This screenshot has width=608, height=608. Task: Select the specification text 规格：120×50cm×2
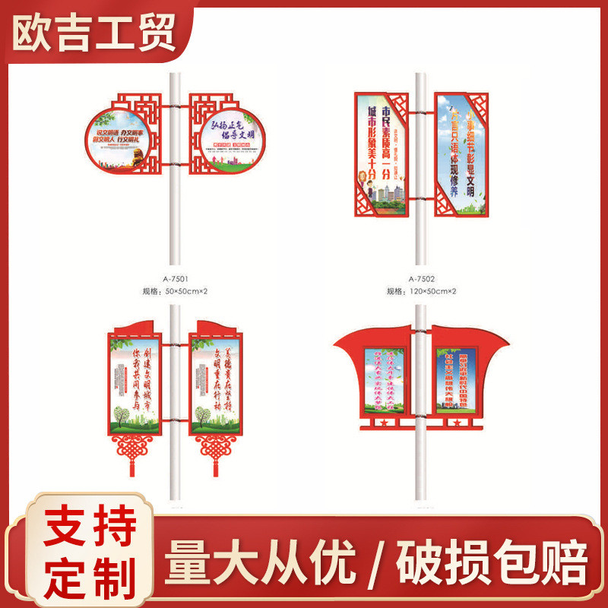tap(422, 290)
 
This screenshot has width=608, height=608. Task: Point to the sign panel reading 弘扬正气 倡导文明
tap(229, 138)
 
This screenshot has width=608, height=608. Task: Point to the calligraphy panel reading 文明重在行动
tap(217, 385)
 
